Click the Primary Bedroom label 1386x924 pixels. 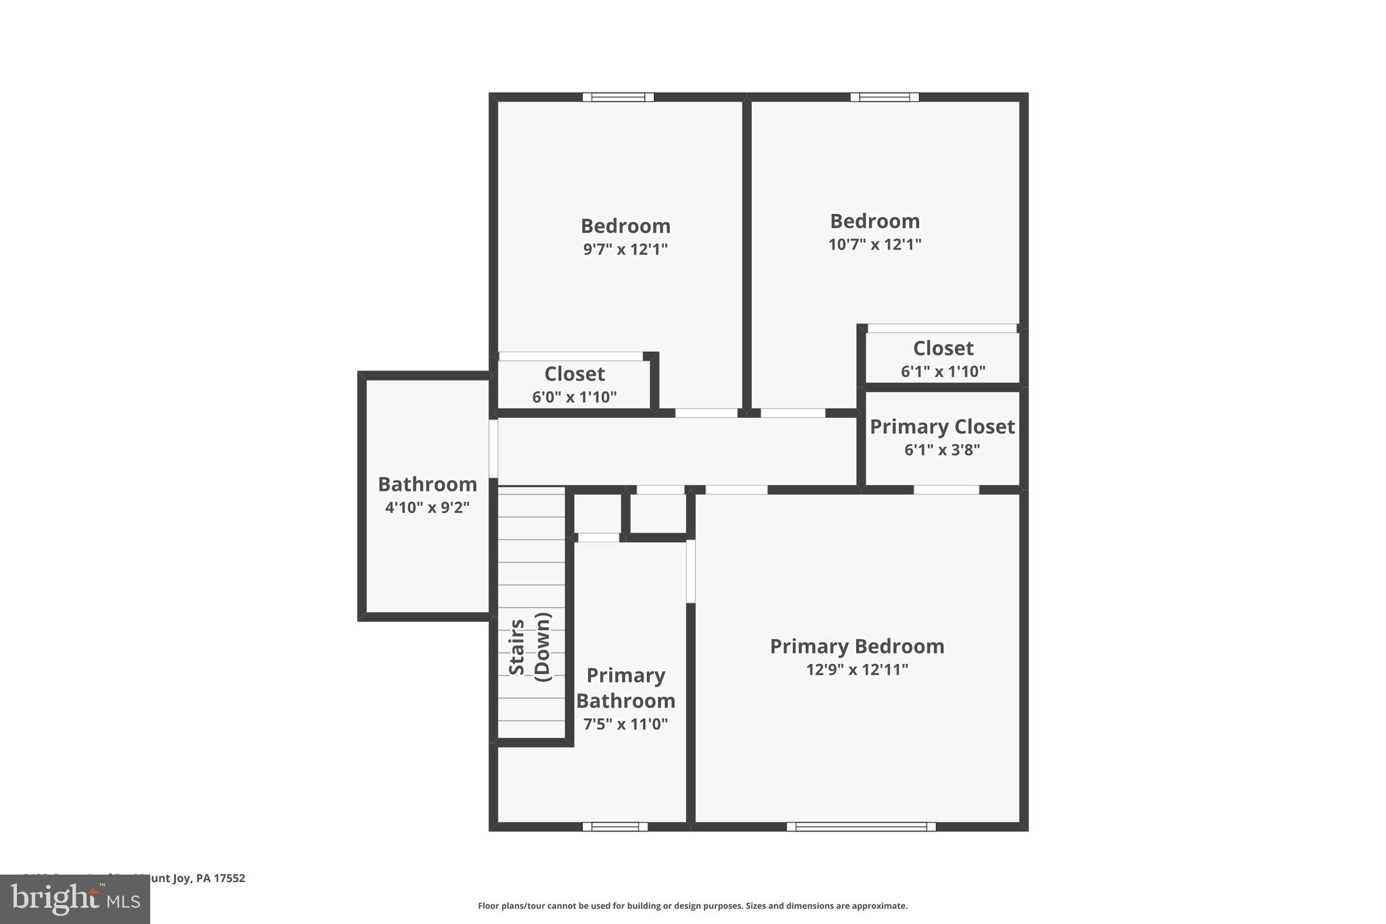tap(857, 646)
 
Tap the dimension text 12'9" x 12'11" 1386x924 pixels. tap(857, 669)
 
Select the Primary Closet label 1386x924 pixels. tap(942, 427)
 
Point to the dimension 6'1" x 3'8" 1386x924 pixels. tap(942, 449)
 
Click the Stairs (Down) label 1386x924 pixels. tap(531, 646)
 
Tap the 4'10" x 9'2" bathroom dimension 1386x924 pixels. tap(427, 507)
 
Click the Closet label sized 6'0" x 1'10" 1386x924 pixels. tap(575, 374)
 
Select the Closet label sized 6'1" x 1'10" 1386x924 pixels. tap(943, 349)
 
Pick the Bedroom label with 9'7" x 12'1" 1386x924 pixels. tap(625, 226)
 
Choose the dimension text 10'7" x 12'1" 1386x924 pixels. tap(874, 244)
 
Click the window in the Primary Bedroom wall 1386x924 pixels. tap(861, 827)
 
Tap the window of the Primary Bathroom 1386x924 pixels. tap(614, 827)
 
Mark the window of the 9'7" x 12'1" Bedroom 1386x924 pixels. tap(618, 97)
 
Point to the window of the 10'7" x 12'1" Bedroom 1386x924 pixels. tap(885, 97)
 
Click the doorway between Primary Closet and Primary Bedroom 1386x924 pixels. tap(946, 489)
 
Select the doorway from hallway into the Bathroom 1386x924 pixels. tap(493, 449)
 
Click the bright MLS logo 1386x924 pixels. tap(74, 899)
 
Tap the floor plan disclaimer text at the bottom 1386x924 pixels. tap(692, 906)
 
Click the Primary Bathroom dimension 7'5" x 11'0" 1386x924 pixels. tap(625, 724)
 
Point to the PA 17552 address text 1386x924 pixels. tap(220, 878)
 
